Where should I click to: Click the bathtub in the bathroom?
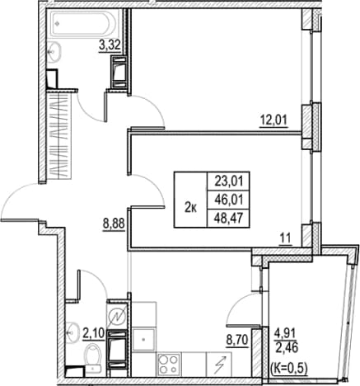point(83,24)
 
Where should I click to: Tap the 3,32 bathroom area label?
point(110,45)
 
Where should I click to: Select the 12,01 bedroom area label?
point(274,120)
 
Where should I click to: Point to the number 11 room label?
point(286,238)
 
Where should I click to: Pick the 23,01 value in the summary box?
point(229,181)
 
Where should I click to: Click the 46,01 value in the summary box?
point(229,200)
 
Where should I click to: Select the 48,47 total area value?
point(229,219)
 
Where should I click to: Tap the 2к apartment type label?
point(190,209)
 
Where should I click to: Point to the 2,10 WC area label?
point(93,334)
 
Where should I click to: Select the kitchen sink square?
point(143,340)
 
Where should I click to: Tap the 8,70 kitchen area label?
point(237,341)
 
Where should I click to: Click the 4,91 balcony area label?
point(285,334)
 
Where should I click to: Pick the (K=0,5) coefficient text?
point(288,367)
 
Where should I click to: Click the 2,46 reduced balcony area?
point(286,348)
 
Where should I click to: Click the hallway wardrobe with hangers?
point(58,136)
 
